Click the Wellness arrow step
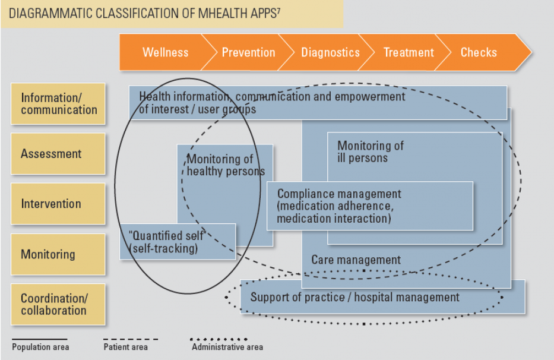165,52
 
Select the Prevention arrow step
248,52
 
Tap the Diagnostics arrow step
330,52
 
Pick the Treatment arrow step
409,52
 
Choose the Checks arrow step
479,52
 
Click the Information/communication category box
58,104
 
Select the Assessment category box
58,154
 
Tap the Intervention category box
58,204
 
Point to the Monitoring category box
58,254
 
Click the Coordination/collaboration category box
58,304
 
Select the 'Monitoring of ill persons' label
371,151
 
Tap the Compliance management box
369,206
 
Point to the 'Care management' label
356,260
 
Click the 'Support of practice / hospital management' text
354,297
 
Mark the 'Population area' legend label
40,347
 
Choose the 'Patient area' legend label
125,347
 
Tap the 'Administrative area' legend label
227,347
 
